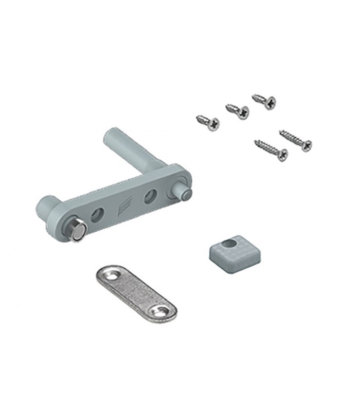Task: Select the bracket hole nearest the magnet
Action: point(97,215)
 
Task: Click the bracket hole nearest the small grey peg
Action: point(150,195)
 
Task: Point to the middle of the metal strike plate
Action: point(136,293)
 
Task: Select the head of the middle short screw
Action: point(242,112)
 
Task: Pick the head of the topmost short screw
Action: point(269,102)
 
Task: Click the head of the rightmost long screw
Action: point(306,145)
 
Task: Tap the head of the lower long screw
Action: point(282,154)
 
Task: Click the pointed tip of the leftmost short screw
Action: point(196,118)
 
